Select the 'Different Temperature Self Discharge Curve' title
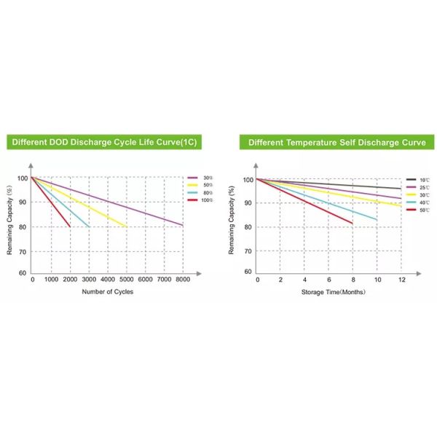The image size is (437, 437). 336,142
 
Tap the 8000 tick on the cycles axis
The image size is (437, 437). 183,280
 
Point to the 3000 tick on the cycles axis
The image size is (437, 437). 89,280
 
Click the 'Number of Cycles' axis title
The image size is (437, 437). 108,292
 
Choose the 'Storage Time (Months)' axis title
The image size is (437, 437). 334,292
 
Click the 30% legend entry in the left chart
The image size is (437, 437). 205,177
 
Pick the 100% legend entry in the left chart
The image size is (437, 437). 205,199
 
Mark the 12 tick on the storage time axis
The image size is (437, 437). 401,280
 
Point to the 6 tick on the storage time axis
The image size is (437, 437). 329,280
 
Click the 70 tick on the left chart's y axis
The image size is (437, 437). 23,251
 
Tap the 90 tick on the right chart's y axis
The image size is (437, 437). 248,203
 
